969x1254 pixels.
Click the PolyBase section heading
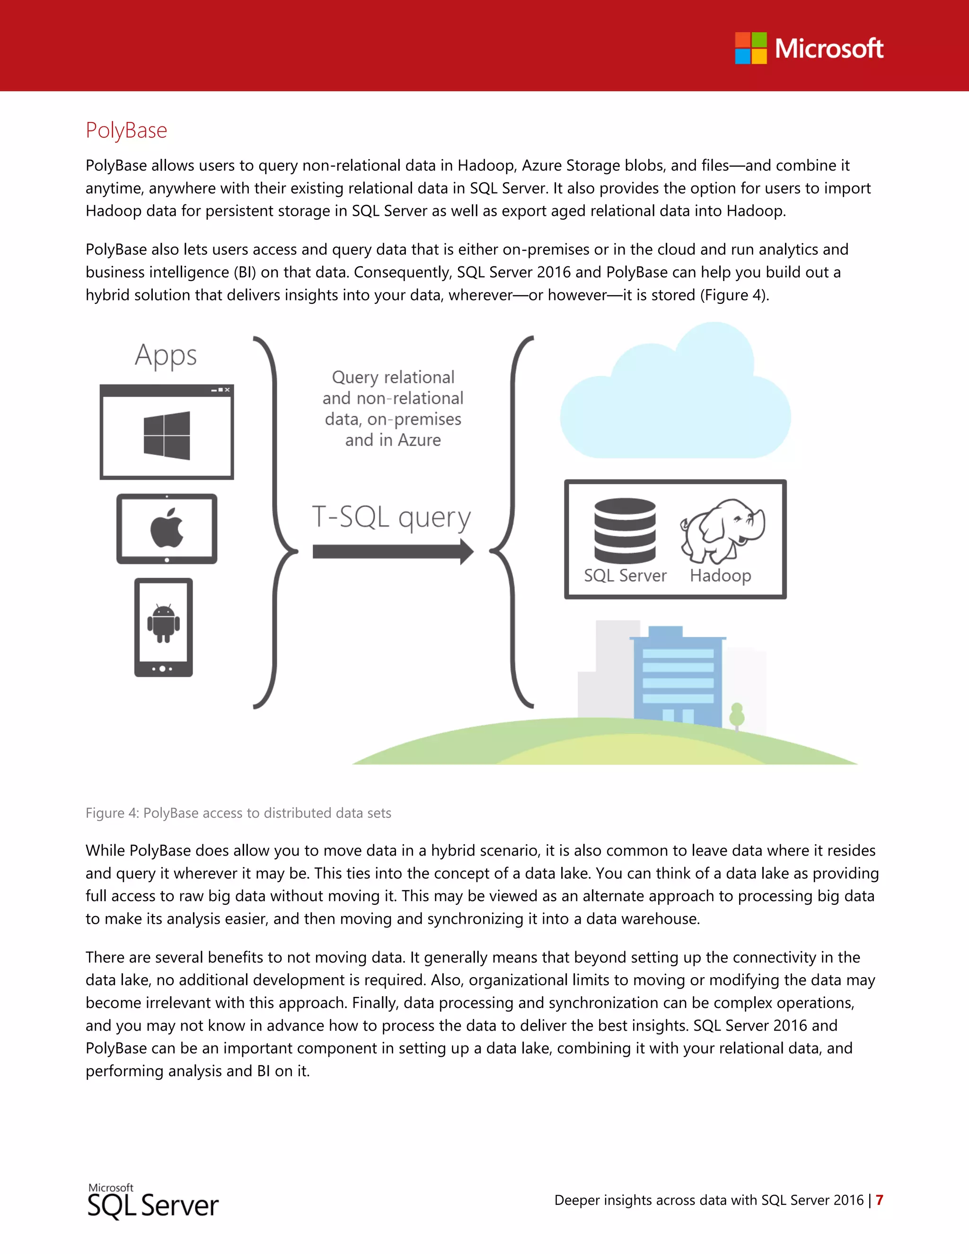pyautogui.click(x=126, y=130)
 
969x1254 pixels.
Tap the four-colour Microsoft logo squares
pyautogui.click(x=750, y=48)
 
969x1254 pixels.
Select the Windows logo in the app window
pyautogui.click(x=167, y=435)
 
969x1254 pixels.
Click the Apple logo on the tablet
pyautogui.click(x=167, y=527)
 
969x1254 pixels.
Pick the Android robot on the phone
pyautogui.click(x=164, y=624)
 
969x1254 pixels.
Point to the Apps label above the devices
pyautogui.click(x=166, y=355)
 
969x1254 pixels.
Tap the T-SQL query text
pyautogui.click(x=391, y=517)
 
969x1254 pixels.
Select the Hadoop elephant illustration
pyautogui.click(x=722, y=530)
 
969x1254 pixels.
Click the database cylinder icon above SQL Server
pyautogui.click(x=625, y=530)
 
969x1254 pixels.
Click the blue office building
pyautogui.click(x=678, y=678)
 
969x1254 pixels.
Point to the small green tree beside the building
pyautogui.click(x=737, y=715)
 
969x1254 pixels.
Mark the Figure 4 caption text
pyautogui.click(x=238, y=813)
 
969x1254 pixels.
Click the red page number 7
pyautogui.click(x=879, y=1200)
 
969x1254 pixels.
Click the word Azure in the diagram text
pyautogui.click(x=419, y=441)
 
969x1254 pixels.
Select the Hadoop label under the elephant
pyautogui.click(x=721, y=575)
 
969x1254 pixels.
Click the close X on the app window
pyautogui.click(x=227, y=390)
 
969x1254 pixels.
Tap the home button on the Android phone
pyautogui.click(x=162, y=669)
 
